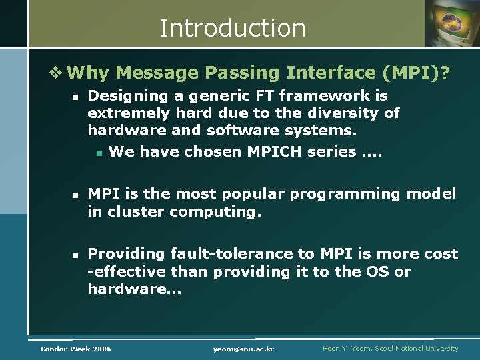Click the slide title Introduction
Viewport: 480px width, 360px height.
(x=232, y=28)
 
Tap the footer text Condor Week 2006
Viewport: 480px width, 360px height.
(x=76, y=349)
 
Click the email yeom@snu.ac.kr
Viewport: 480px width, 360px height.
(x=244, y=349)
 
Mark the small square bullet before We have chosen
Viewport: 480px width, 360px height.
(x=98, y=153)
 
